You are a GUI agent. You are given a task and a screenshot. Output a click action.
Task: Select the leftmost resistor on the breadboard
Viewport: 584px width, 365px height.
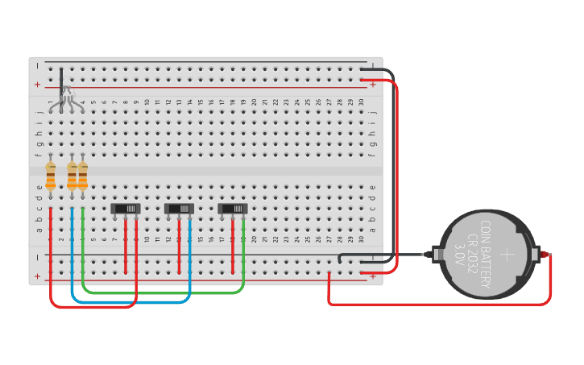tap(51, 176)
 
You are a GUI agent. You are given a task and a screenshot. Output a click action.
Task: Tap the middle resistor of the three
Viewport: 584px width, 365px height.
tap(72, 176)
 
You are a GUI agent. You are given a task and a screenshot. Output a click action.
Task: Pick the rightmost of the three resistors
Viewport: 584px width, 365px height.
tap(82, 176)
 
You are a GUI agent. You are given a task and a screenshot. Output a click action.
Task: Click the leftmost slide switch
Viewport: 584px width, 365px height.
tap(126, 209)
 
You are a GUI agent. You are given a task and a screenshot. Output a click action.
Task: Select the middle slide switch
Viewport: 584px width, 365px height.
tap(179, 209)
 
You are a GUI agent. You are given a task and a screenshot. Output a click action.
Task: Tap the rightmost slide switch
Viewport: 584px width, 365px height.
tap(233, 209)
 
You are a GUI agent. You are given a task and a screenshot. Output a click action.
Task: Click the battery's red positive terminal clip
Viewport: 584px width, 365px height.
tap(546, 255)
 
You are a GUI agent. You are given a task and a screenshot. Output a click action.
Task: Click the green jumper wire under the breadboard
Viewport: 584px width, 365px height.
tap(161, 292)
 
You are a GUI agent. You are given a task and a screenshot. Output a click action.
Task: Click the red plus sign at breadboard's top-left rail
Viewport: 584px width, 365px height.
tap(36, 85)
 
